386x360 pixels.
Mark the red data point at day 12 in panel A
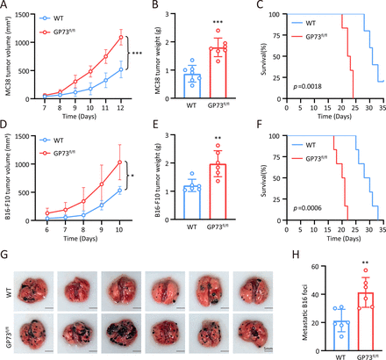click(120, 37)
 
